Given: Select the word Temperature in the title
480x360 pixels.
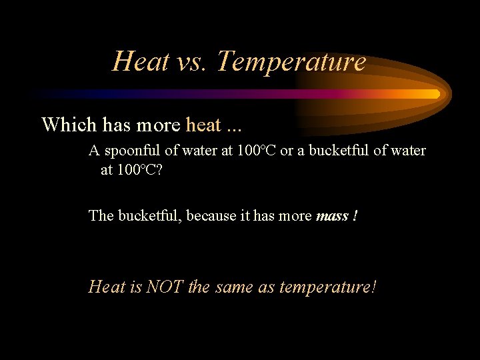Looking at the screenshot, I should [291, 62].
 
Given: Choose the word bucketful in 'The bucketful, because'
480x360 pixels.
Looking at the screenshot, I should [149, 215].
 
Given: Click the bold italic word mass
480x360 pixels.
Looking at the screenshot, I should [331, 216].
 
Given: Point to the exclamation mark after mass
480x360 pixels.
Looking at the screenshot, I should [355, 215].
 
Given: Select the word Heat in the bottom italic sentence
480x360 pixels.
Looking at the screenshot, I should [107, 287].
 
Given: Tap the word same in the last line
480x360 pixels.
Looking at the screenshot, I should [235, 287].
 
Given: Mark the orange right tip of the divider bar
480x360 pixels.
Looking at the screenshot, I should [437, 94].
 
